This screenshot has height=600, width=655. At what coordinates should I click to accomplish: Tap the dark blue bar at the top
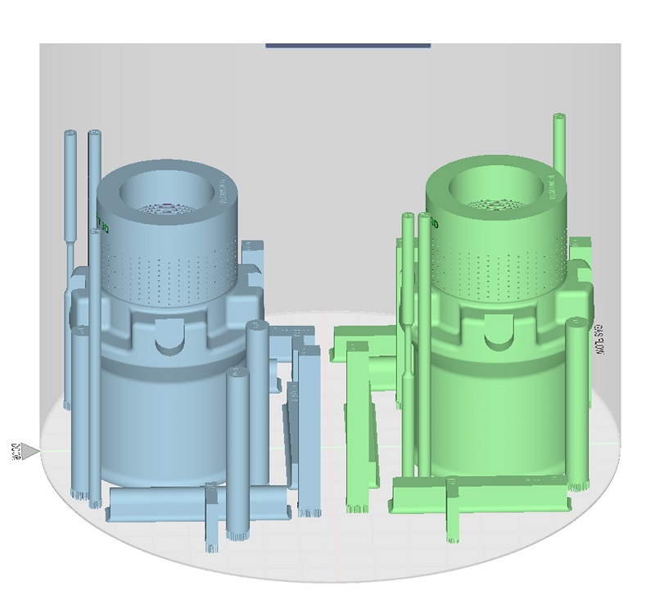tap(348, 44)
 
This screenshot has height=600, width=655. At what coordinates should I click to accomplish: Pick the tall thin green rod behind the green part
tap(559, 143)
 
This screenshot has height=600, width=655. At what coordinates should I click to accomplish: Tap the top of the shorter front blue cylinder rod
tap(238, 375)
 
